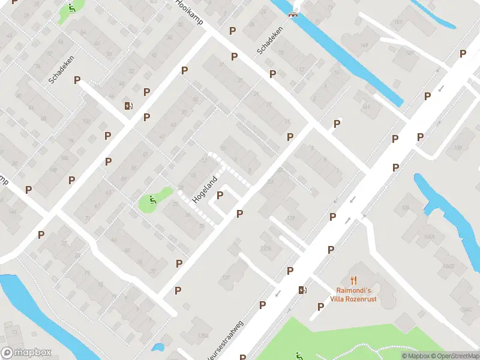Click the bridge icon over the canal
click(x=293, y=14)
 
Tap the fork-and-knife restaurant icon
click(x=354, y=280)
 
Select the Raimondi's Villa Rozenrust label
click(x=353, y=295)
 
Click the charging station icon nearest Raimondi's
click(x=302, y=290)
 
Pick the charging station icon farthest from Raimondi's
click(x=128, y=106)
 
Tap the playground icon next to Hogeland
click(x=151, y=201)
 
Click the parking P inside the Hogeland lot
click(x=220, y=195)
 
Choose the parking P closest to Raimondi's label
click(x=320, y=307)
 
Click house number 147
click(x=410, y=53)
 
